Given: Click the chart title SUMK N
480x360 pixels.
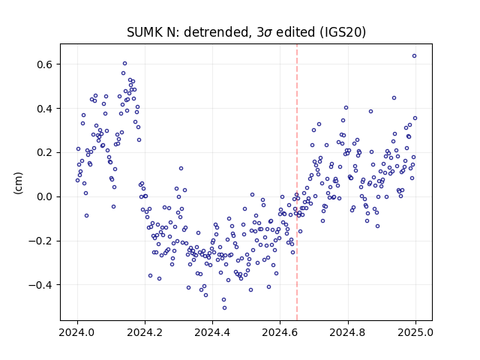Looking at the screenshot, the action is pos(151,32).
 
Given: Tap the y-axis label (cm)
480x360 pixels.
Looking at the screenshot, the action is pos(18,183).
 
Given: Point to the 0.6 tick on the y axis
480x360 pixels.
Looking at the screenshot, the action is pos(44,64).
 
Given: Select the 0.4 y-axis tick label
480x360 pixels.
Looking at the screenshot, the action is pos(44,108).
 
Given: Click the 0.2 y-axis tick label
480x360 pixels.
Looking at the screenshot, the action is pos(44,152).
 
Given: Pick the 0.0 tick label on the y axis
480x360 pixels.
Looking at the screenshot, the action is pos(44,196).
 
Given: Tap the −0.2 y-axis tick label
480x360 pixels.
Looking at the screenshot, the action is pos(40,241).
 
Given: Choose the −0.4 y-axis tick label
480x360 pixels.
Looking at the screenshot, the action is pos(40,285).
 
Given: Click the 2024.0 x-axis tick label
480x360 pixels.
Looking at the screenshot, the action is pos(77,332).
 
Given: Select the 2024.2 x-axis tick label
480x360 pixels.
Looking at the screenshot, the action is pos(145,332).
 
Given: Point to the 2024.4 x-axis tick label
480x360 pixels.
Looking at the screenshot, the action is pos(212,332).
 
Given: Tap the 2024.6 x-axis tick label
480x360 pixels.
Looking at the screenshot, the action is pos(280,332).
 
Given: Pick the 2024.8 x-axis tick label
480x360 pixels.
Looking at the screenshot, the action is pos(347,332).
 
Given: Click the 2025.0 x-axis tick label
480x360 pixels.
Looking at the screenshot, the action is pos(415,332).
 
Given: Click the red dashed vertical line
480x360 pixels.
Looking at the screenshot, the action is pos(297,182).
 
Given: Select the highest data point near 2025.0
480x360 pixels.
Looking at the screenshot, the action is pos(414,55).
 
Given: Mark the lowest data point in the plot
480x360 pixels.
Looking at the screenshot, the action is pos(224,307).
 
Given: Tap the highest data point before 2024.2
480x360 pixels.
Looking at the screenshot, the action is pos(124,63).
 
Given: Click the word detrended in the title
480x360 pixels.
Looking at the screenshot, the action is pos(216,32).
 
